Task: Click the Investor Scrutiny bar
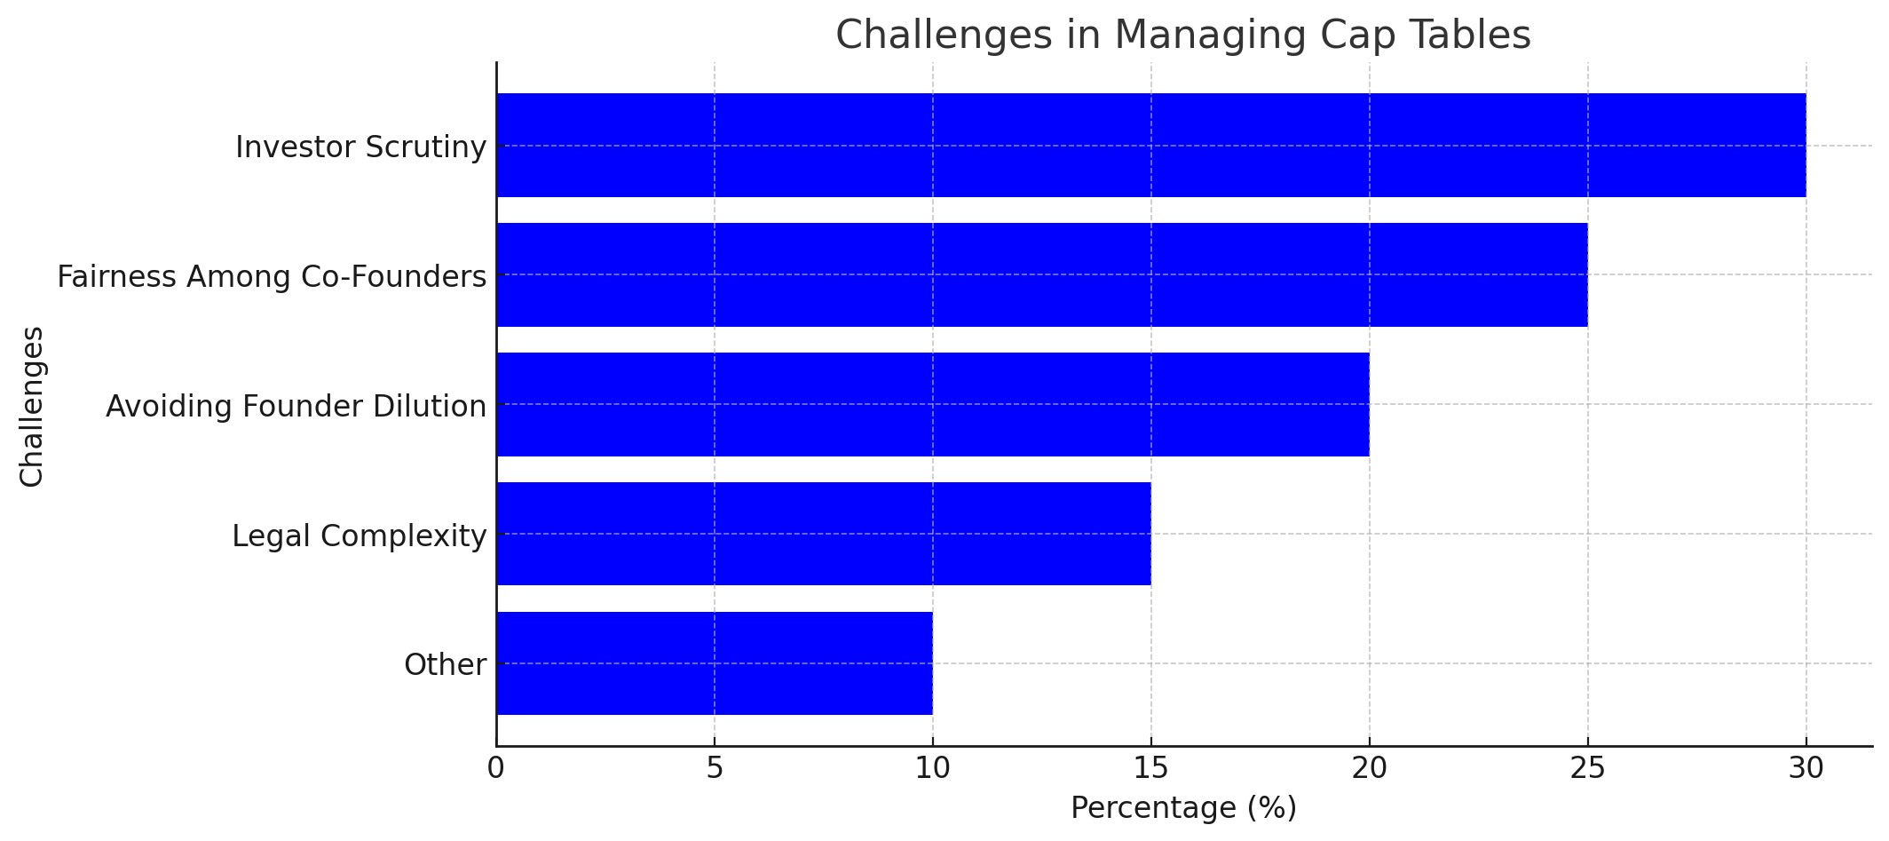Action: (1150, 145)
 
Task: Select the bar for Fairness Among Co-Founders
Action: (1041, 274)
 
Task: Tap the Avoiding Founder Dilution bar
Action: (932, 404)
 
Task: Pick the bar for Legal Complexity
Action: (823, 534)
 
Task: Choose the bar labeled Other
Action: (714, 663)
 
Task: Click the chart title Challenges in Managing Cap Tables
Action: (1182, 36)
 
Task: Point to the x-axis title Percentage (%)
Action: (1182, 808)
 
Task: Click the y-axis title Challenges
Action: (32, 406)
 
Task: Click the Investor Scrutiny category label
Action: (360, 147)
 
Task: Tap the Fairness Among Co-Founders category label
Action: (272, 277)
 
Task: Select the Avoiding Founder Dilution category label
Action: (296, 407)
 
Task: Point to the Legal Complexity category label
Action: (359, 536)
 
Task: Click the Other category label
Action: (445, 665)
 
